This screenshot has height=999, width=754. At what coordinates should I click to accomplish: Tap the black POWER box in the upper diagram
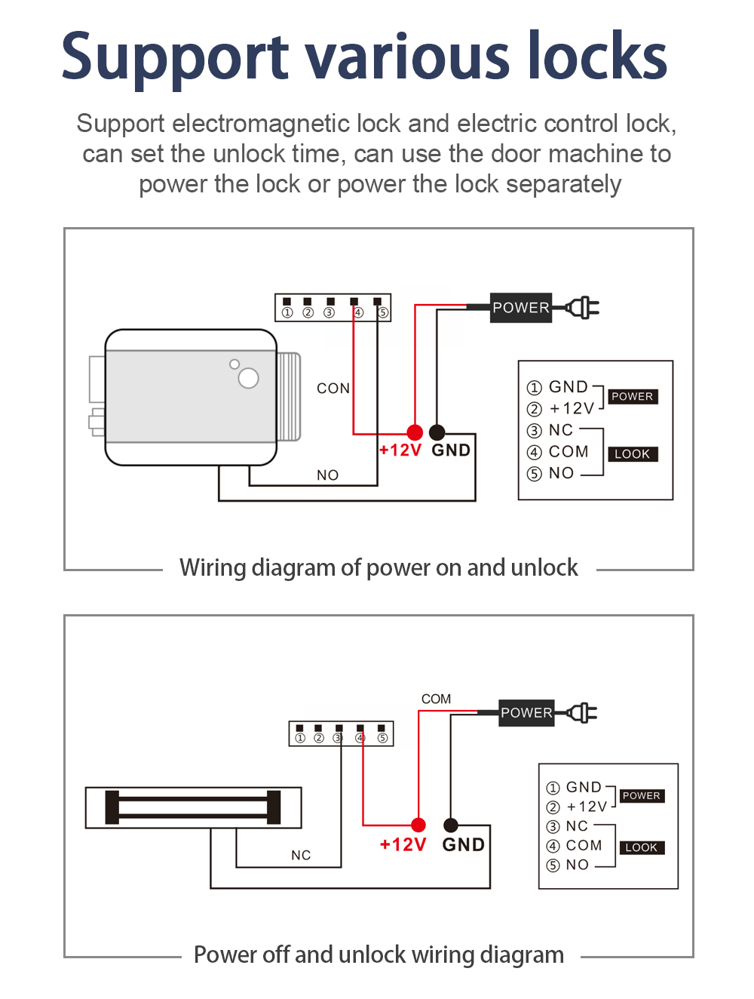tap(520, 308)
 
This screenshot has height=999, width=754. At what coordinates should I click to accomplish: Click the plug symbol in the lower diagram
tap(582, 713)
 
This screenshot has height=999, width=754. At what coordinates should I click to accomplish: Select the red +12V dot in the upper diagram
tap(415, 432)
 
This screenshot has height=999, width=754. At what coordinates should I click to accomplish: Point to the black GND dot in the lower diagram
tap(451, 825)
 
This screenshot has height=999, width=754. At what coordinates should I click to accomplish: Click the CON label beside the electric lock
tap(333, 389)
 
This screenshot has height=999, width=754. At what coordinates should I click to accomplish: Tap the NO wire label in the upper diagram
tap(327, 475)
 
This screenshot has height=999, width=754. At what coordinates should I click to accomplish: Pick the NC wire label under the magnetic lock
tap(301, 855)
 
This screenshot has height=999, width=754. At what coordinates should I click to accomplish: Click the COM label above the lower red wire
tap(436, 699)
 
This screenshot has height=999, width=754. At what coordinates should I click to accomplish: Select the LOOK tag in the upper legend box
tap(632, 454)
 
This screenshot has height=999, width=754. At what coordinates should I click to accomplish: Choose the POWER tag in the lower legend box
tap(641, 796)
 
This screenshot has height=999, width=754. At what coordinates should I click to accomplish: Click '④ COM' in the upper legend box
tap(557, 452)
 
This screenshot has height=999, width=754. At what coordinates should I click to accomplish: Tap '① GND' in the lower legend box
tap(574, 788)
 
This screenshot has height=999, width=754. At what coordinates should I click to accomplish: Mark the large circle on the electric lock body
tap(248, 378)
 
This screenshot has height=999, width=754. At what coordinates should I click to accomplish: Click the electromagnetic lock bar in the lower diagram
tap(193, 807)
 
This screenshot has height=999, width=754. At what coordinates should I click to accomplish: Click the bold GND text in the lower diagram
tap(463, 844)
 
